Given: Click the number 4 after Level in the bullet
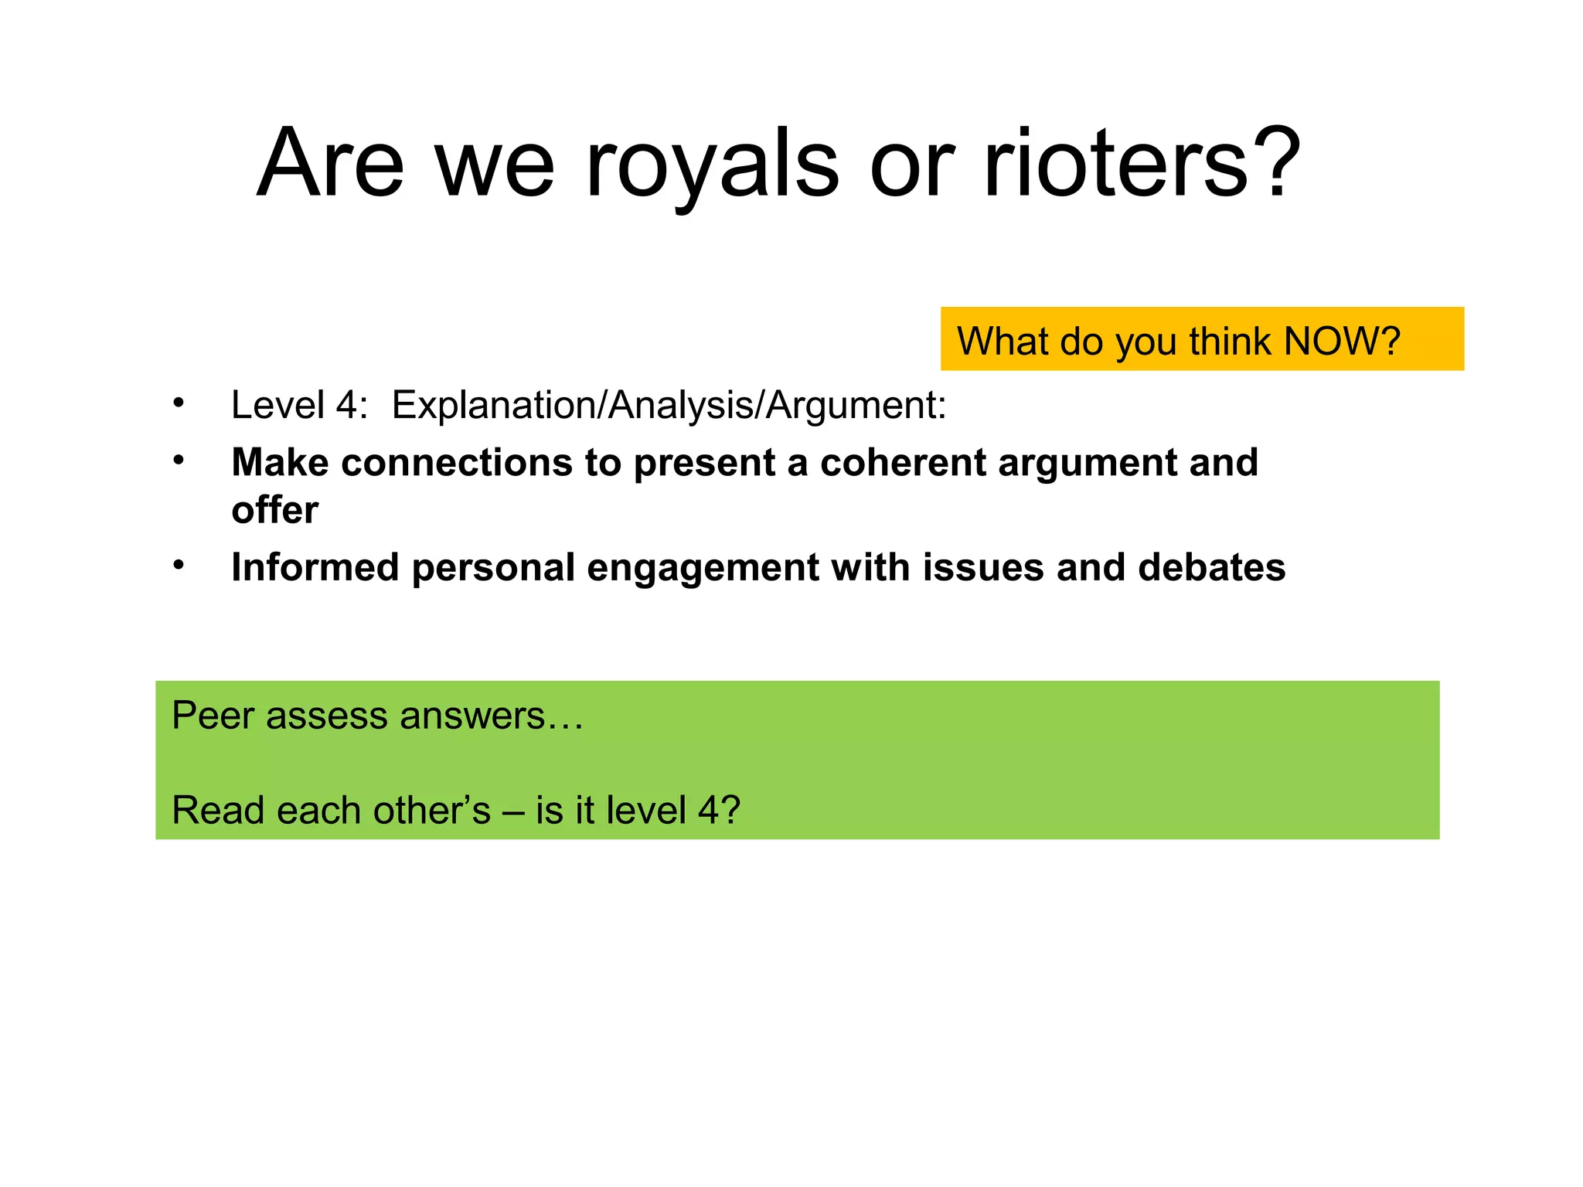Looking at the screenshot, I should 346,405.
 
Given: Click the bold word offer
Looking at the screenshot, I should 274,510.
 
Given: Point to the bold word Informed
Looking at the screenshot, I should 315,567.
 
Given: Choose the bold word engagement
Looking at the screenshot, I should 703,569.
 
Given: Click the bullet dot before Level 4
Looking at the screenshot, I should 179,403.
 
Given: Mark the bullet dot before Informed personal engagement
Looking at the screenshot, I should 179,565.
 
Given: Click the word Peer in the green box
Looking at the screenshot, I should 213,716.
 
